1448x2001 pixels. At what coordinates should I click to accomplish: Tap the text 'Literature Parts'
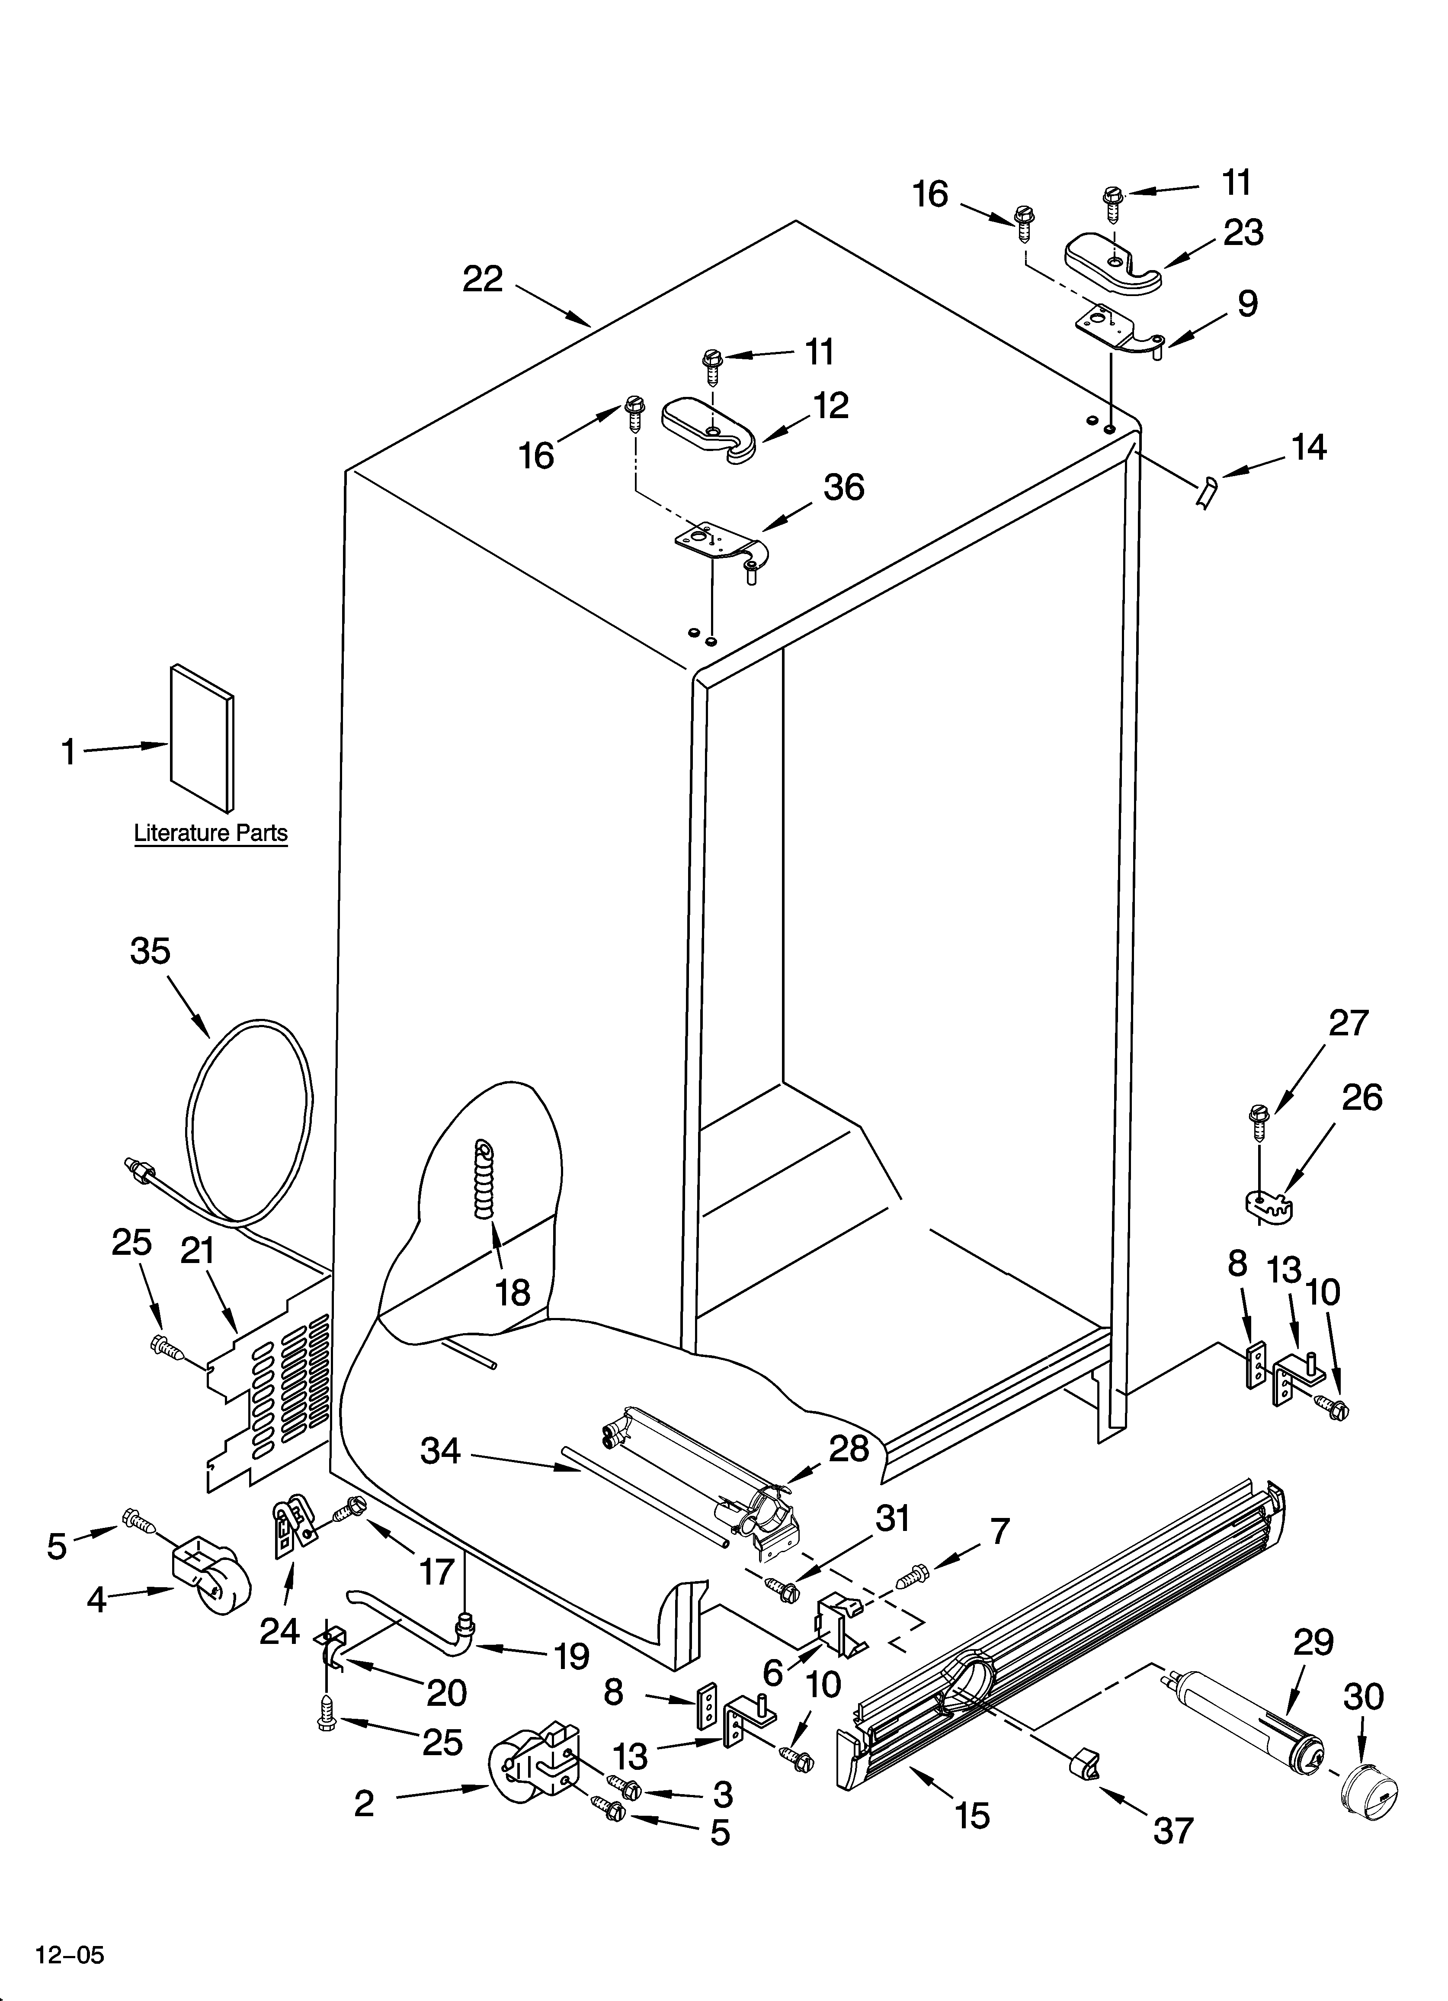tap(211, 833)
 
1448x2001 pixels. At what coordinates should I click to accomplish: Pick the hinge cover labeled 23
tap(1113, 261)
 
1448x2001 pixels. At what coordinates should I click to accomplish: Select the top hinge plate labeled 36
tap(719, 546)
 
